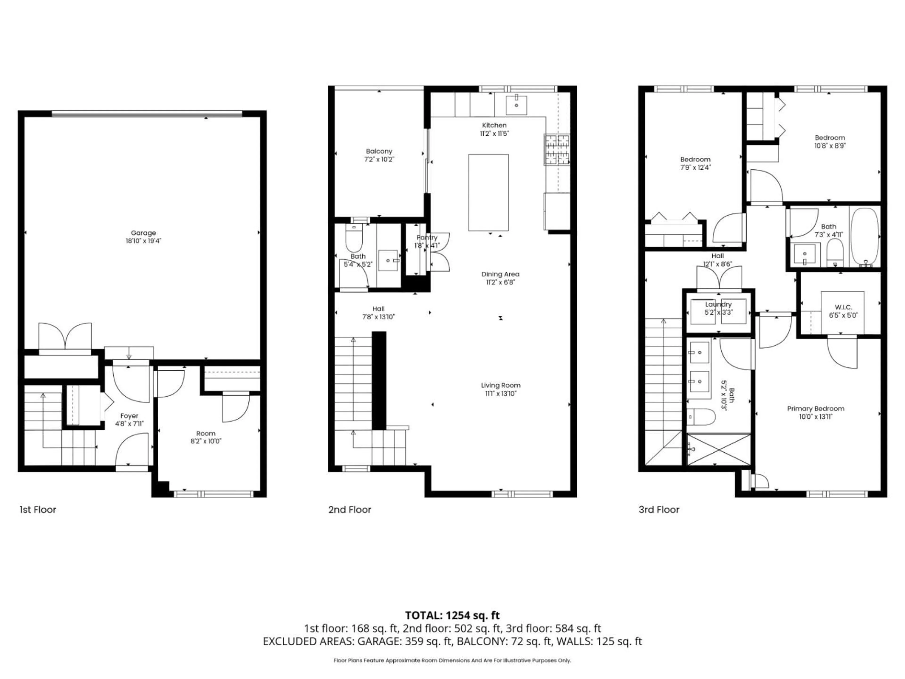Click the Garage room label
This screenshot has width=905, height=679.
[x=143, y=233]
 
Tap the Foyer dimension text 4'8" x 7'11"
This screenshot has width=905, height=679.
[x=129, y=424]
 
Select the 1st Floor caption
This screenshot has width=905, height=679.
[x=38, y=509]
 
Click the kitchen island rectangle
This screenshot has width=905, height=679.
[x=488, y=192]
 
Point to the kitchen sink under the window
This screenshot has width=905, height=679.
[x=516, y=105]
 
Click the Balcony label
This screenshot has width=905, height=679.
[x=379, y=151]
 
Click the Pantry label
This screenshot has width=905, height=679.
[x=427, y=237]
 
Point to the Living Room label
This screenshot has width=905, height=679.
[x=500, y=385]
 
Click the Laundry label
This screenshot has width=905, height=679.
[x=718, y=304]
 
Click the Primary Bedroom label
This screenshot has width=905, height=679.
[x=815, y=409]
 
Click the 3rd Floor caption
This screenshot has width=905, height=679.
[x=659, y=509]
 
